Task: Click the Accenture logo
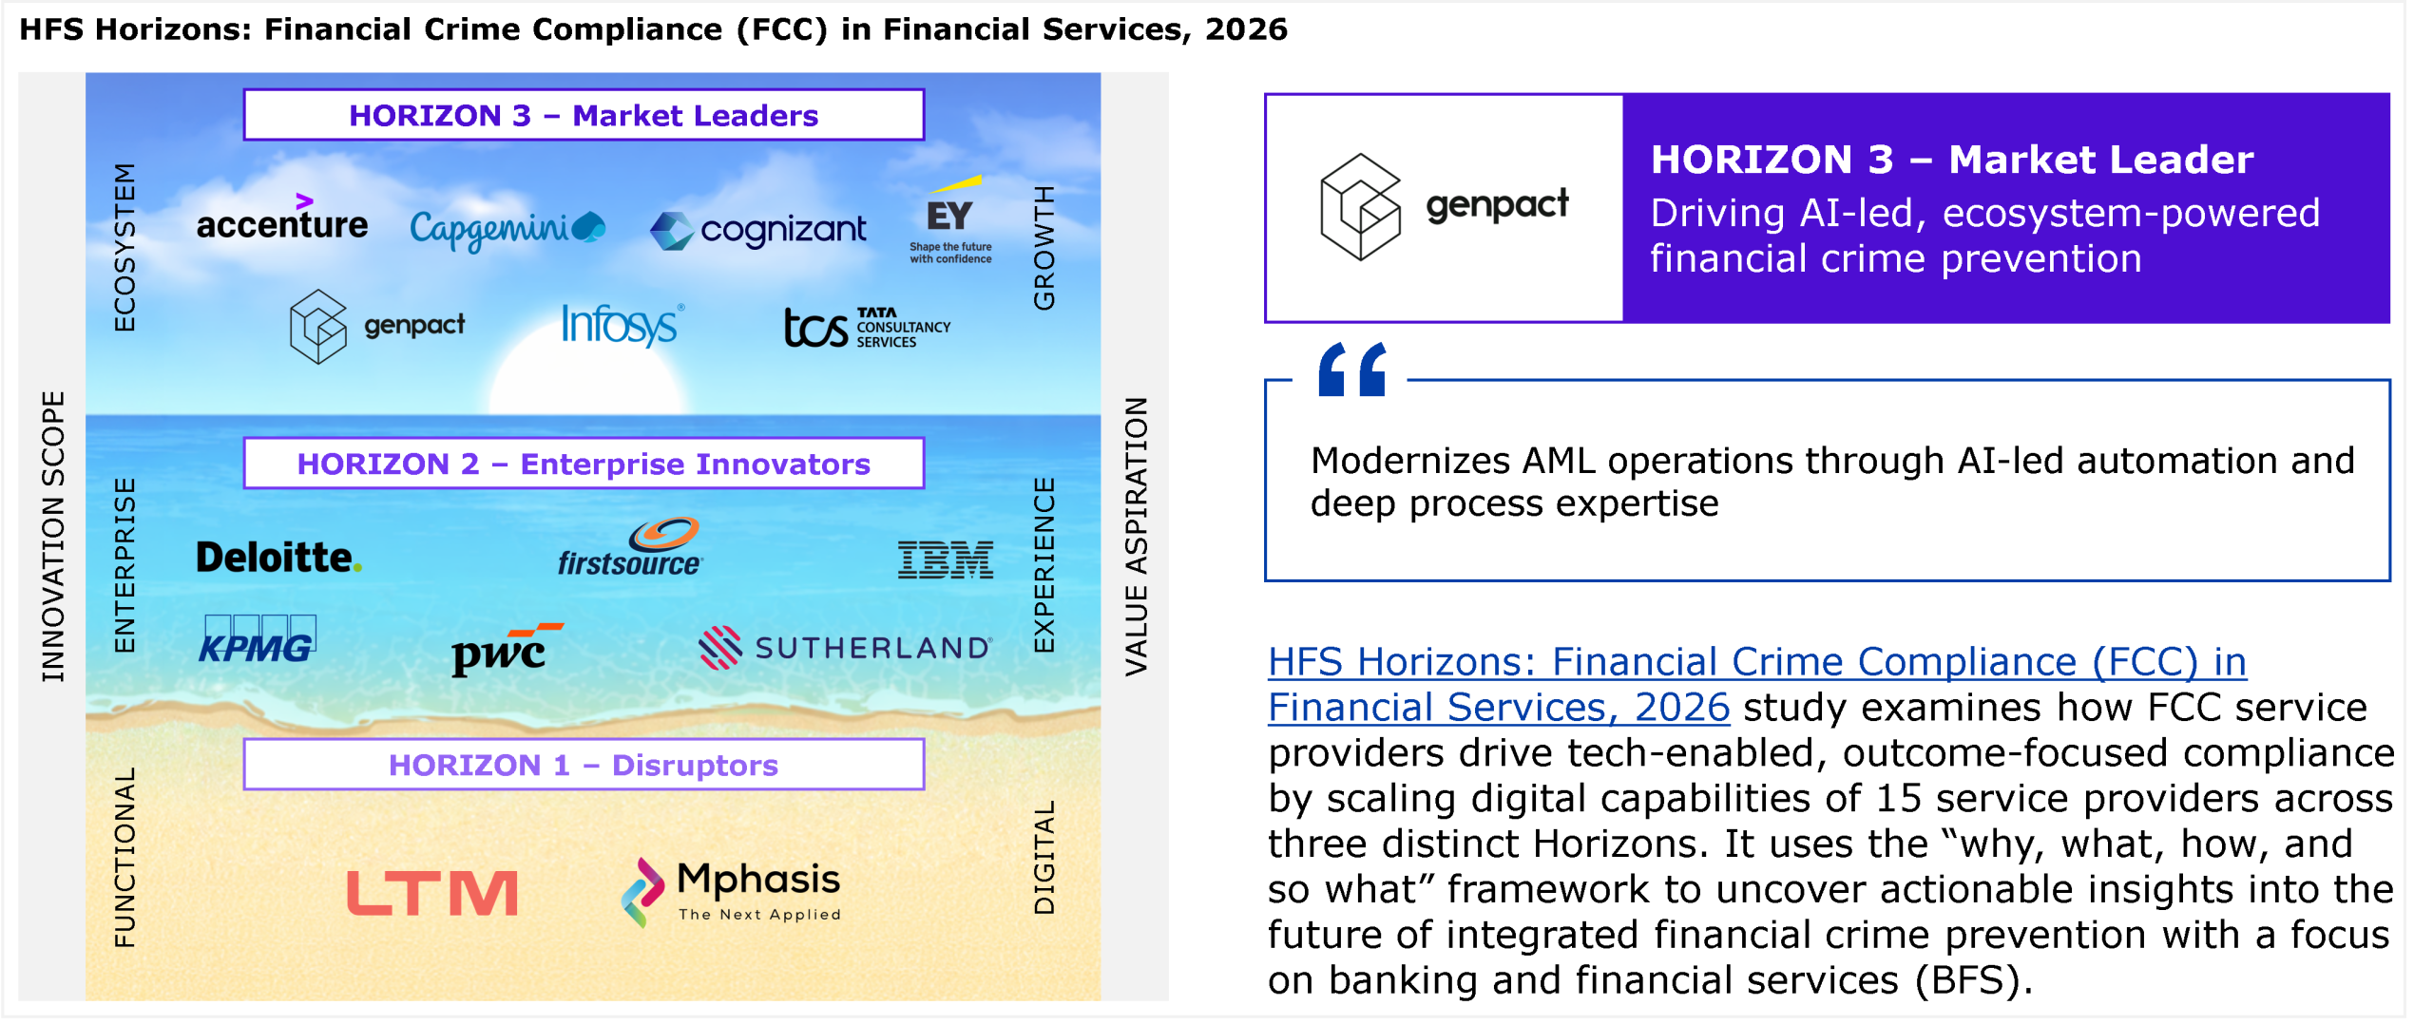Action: (x=282, y=218)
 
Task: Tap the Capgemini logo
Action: (x=508, y=229)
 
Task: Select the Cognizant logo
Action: (x=758, y=230)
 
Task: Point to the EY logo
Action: (x=951, y=219)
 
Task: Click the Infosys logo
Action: (x=623, y=325)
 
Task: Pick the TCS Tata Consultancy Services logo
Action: (x=867, y=327)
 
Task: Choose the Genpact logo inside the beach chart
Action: (x=377, y=326)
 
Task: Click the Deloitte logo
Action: (x=278, y=558)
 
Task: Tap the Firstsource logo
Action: (x=630, y=547)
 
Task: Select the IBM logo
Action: (x=946, y=559)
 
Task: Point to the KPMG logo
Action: (x=259, y=639)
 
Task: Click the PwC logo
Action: (x=506, y=650)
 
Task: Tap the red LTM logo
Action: (x=432, y=894)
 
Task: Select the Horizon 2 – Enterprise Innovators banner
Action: (x=584, y=464)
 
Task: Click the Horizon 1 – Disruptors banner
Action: (x=584, y=765)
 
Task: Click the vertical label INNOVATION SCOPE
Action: (x=53, y=537)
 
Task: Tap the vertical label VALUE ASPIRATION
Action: (x=1137, y=537)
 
